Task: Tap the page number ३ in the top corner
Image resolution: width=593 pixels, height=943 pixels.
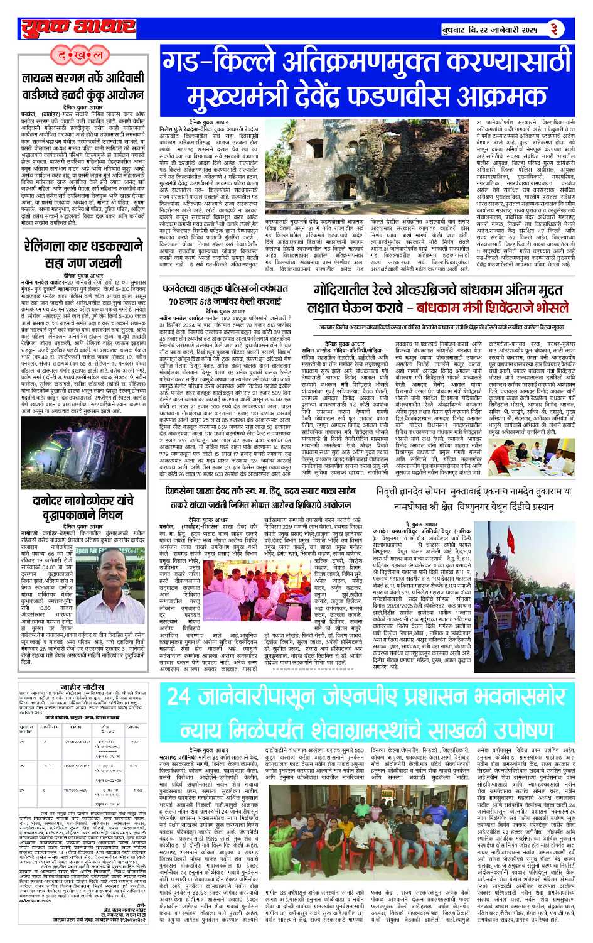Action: pos(553,29)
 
